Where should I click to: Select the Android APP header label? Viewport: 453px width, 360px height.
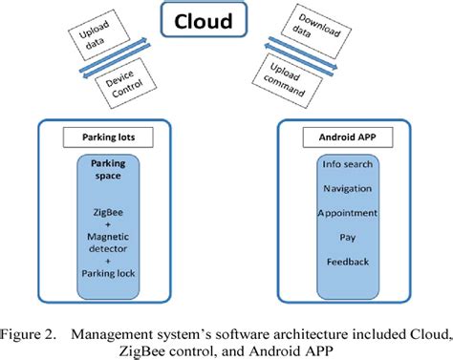coord(347,137)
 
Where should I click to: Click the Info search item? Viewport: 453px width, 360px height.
coord(347,165)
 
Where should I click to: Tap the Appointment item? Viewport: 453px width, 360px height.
coord(347,212)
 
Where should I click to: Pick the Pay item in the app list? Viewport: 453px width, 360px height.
coord(347,235)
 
